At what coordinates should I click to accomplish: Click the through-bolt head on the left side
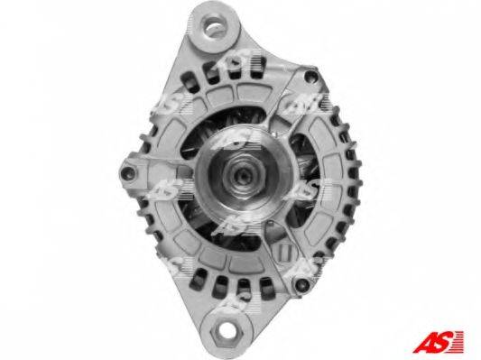pyautogui.click(x=127, y=173)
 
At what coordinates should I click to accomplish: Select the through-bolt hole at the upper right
pyautogui.click(x=310, y=76)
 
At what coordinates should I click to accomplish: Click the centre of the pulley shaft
pyautogui.click(x=244, y=176)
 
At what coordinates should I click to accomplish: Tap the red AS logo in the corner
pyautogui.click(x=439, y=342)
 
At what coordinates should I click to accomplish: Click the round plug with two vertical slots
pyautogui.click(x=284, y=251)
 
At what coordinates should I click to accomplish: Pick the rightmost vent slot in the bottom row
pyautogui.click(x=267, y=289)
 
